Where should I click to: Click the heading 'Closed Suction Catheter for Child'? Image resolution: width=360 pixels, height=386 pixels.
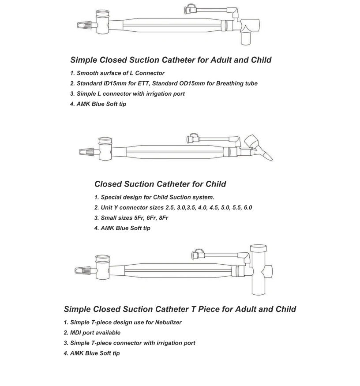[x=160, y=184]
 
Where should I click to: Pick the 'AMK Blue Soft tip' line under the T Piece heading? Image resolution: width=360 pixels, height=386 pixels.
[x=94, y=353]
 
